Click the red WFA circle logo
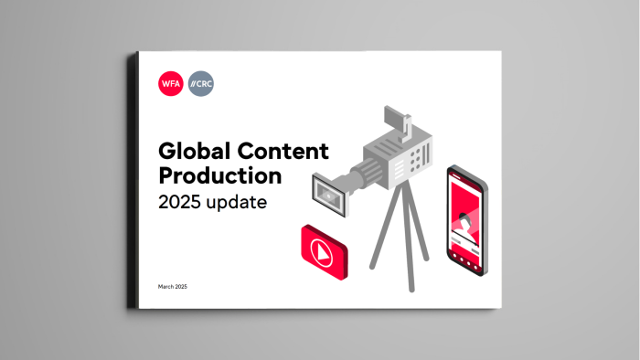pyautogui.click(x=170, y=84)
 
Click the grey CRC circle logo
pyautogui.click(x=200, y=84)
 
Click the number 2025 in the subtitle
pyautogui.click(x=182, y=202)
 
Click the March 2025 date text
pyautogui.click(x=172, y=287)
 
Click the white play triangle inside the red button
pyautogui.click(x=325, y=247)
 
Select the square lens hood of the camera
pyautogui.click(x=328, y=192)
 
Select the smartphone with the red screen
pyautogui.click(x=467, y=220)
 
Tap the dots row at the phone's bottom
pyautogui.click(x=465, y=262)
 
